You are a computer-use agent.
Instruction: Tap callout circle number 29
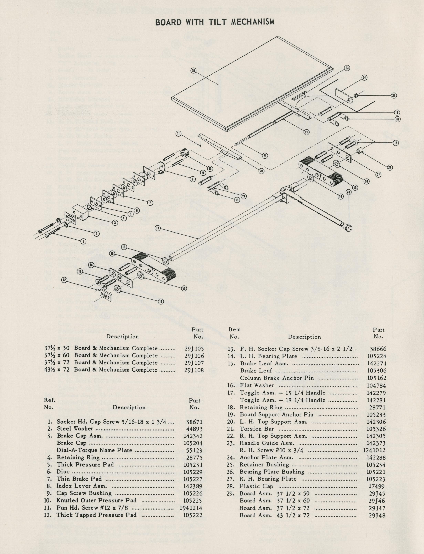pyautogui.click(x=193, y=71)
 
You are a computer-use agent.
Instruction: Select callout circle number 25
pyautogui.click(x=394, y=96)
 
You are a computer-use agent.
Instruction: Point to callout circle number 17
pyautogui.click(x=158, y=228)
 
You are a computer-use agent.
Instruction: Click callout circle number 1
pyautogui.click(x=83, y=241)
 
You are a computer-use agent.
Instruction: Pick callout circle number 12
pyautogui.click(x=65, y=280)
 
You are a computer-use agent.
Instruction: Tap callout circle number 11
pyautogui.click(x=179, y=133)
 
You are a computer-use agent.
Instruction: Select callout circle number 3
pyautogui.click(x=115, y=222)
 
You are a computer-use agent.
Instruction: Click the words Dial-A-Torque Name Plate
pyautogui.click(x=94, y=450)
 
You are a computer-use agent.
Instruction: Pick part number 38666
pyautogui.click(x=378, y=349)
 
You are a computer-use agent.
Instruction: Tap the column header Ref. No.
pyautogui.click(x=49, y=404)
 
